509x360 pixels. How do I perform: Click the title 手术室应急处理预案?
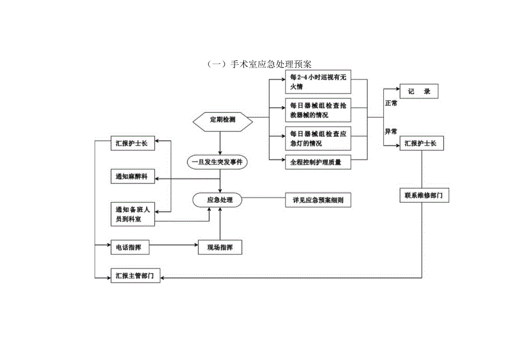point(255,64)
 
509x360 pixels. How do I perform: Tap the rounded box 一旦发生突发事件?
point(220,163)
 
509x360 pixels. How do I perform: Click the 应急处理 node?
point(220,200)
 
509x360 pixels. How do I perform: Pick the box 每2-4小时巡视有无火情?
point(319,82)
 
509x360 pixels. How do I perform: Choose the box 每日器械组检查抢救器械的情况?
point(319,110)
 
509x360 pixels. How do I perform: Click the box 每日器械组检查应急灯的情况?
point(319,138)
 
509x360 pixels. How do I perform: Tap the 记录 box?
point(419,91)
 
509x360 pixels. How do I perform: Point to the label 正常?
point(391,104)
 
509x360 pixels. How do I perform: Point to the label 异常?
point(391,132)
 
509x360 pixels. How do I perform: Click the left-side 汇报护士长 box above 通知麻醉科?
point(132,143)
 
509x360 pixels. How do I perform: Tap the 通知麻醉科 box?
point(132,177)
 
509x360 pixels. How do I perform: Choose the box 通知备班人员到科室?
point(132,214)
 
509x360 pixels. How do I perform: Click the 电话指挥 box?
point(129,247)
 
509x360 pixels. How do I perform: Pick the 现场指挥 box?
point(220,247)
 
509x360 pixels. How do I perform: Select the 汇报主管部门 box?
point(136,276)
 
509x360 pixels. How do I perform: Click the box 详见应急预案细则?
point(318,200)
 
